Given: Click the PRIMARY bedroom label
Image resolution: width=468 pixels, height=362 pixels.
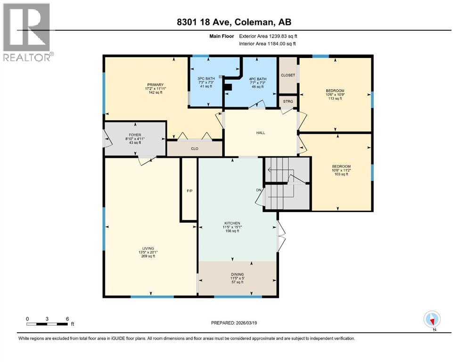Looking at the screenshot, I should (x=154, y=85).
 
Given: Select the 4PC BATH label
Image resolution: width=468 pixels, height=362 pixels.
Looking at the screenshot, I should (x=258, y=79).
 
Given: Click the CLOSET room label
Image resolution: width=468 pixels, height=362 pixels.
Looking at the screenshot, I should (x=287, y=75).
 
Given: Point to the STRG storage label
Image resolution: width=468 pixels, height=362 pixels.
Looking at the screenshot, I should (x=287, y=101).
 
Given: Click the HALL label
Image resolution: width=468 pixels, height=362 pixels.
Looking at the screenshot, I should (x=260, y=133).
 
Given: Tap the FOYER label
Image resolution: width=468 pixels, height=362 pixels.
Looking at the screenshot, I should (x=135, y=135).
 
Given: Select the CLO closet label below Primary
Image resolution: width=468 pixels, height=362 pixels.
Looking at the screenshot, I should (x=194, y=148).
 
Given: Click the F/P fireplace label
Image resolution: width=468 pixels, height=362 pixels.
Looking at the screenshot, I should (x=189, y=191).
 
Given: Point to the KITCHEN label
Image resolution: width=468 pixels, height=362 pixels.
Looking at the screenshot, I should (x=232, y=223).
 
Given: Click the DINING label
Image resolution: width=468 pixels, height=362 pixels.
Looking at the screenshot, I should (x=237, y=274).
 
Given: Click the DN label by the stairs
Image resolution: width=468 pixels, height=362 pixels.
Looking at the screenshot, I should (x=258, y=190).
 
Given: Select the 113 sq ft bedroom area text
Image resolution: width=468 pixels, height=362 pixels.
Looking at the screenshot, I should (x=335, y=99).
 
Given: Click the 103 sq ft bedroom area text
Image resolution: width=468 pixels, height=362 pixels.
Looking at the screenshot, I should (x=341, y=175).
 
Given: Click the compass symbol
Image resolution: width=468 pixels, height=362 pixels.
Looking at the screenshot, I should (x=432, y=319).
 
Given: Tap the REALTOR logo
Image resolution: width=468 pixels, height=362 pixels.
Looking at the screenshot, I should (x=27, y=32).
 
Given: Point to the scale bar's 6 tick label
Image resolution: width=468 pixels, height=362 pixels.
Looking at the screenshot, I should (x=67, y=318).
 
